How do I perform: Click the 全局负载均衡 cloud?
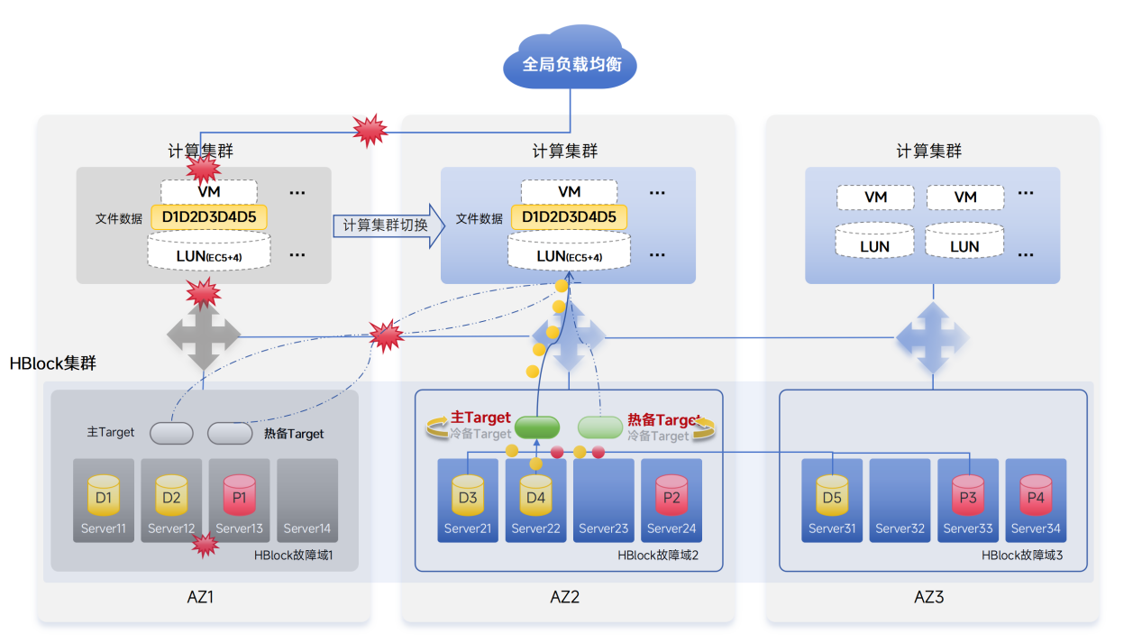(569, 64)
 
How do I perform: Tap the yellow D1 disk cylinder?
(104, 495)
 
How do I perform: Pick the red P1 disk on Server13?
(240, 495)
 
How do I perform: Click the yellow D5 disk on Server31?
(832, 495)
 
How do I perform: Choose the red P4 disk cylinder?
(1036, 495)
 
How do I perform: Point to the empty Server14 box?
(307, 500)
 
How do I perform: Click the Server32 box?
(900, 500)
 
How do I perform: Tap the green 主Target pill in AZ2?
(537, 427)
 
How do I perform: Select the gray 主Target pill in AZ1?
(171, 434)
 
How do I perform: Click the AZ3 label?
(928, 597)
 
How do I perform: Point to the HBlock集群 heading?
(52, 364)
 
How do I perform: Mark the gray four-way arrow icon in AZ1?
(204, 336)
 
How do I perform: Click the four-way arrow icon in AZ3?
(932, 338)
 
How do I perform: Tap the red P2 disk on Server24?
(671, 495)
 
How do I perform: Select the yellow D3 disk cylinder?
(468, 495)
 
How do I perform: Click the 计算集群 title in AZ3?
(928, 152)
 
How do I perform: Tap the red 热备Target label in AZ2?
(662, 419)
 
